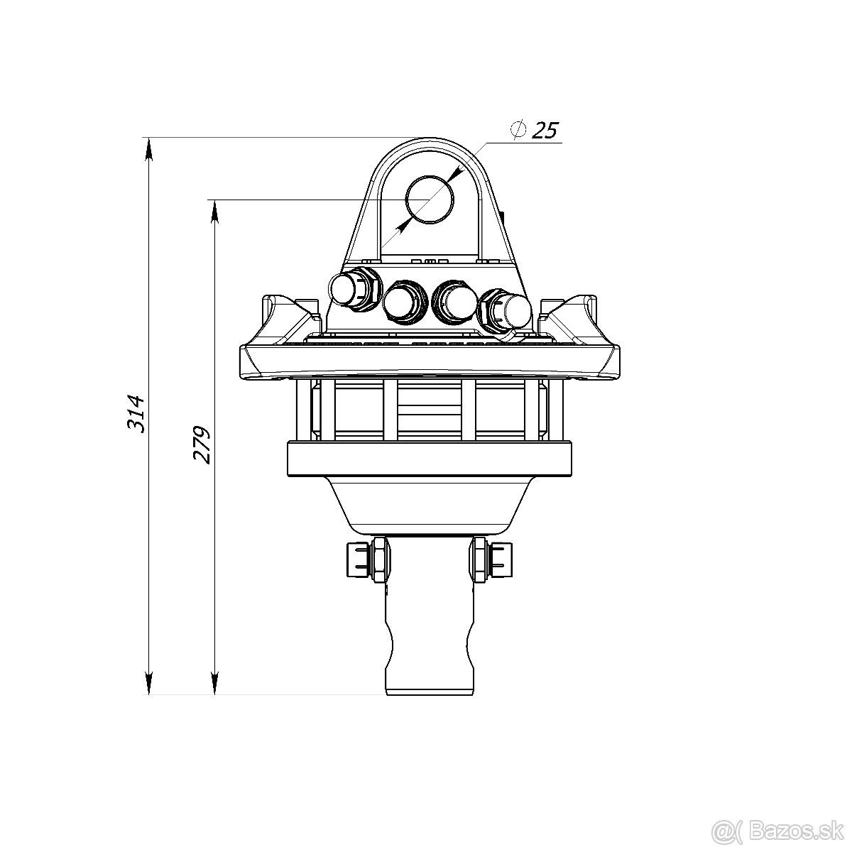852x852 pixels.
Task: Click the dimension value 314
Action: tap(136, 413)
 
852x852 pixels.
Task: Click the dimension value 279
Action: tap(202, 444)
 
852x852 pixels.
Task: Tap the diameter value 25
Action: tap(545, 131)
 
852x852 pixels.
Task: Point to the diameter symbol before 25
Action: tap(518, 129)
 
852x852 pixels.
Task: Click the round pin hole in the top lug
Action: tap(430, 200)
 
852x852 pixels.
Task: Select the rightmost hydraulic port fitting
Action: tap(506, 312)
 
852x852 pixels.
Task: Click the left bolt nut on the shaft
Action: tap(368, 559)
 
